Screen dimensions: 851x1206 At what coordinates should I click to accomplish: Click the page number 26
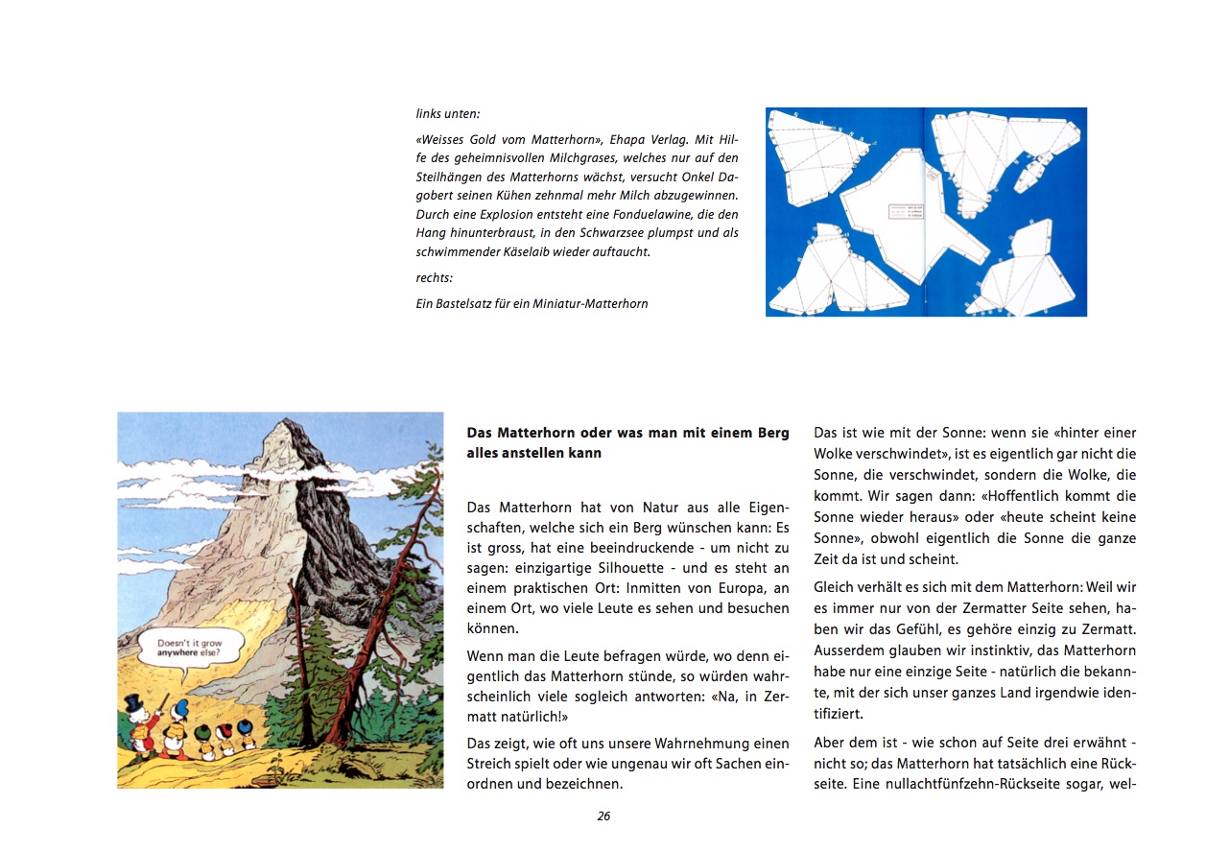(603, 816)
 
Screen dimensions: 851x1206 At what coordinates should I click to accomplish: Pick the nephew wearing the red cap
(225, 731)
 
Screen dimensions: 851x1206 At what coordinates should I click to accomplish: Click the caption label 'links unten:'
(448, 113)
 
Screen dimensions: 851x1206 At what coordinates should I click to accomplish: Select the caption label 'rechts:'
(435, 278)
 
